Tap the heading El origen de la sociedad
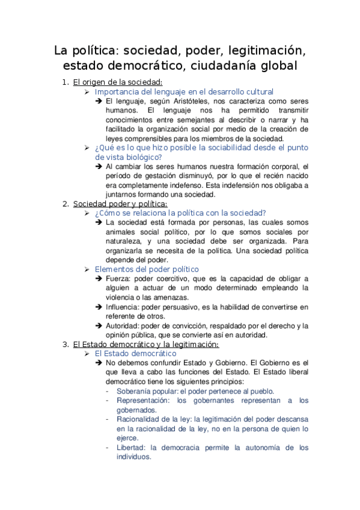(x=118, y=82)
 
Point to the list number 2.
(x=66, y=203)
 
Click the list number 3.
(x=66, y=345)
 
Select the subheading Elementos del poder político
(x=147, y=269)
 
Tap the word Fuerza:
(x=118, y=278)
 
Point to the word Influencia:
(x=123, y=307)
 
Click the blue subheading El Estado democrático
(x=133, y=354)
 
